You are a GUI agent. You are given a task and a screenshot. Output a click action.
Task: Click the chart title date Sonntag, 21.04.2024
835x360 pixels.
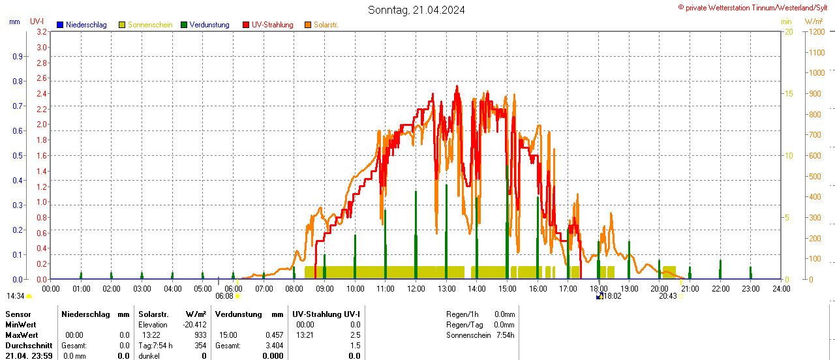[x=416, y=10]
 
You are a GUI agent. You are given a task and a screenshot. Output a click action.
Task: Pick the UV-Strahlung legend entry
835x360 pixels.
[x=272, y=25]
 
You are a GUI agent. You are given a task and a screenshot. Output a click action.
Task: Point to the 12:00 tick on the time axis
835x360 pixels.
[x=416, y=288]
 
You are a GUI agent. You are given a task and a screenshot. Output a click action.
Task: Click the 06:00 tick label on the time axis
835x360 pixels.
[x=233, y=288]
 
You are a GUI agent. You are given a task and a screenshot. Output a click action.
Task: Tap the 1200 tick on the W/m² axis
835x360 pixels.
[x=815, y=31]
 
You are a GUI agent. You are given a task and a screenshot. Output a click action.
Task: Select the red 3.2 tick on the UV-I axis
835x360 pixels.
[x=42, y=31]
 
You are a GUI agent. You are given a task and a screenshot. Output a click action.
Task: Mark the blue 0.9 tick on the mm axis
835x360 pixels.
[x=17, y=56]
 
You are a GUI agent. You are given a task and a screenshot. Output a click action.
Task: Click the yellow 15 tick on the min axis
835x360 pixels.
[x=788, y=93]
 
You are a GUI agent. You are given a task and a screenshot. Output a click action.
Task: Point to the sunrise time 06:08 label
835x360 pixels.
[x=224, y=296]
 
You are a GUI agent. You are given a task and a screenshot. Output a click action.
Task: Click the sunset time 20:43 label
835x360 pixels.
[x=667, y=296]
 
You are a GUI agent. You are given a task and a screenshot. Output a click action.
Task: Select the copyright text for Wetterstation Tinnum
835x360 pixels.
[x=755, y=7]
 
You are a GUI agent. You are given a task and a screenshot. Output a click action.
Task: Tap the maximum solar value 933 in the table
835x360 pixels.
[x=200, y=335]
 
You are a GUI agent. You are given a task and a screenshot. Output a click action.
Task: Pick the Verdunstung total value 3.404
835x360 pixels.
[x=275, y=346]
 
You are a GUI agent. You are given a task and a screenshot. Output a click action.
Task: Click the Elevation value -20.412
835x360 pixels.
[x=195, y=325]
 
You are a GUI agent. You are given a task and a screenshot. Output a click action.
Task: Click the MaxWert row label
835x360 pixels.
[x=20, y=335]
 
